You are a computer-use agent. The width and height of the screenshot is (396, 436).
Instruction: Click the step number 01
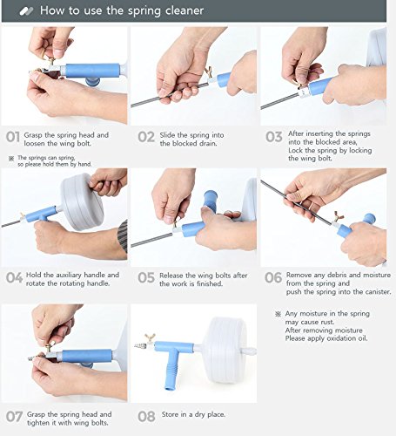coord(13,137)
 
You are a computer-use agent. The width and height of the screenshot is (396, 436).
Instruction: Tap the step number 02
coord(146,137)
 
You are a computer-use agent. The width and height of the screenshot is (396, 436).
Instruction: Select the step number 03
coord(274,137)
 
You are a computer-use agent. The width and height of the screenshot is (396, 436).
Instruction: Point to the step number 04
coord(14,277)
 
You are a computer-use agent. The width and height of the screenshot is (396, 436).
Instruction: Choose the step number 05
coord(146,277)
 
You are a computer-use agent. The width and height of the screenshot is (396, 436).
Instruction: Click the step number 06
coord(273,277)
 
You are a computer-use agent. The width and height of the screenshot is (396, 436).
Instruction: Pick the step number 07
coord(14,417)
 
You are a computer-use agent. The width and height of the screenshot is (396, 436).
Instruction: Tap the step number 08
coord(146,417)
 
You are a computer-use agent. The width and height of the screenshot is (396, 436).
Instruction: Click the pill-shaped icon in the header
coord(26,11)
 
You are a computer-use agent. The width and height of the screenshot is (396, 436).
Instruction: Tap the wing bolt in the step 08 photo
coord(151,338)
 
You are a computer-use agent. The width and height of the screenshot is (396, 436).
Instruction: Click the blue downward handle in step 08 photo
coord(171,369)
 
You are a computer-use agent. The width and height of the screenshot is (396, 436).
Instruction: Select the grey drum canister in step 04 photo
coord(82,201)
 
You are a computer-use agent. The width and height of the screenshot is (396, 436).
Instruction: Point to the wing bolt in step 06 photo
coord(339,216)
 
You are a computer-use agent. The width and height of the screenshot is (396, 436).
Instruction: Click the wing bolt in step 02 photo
coord(208,72)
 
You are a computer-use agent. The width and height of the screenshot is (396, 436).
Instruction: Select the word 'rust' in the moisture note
coord(327,322)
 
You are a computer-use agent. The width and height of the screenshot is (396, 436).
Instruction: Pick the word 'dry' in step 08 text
coord(199,415)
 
